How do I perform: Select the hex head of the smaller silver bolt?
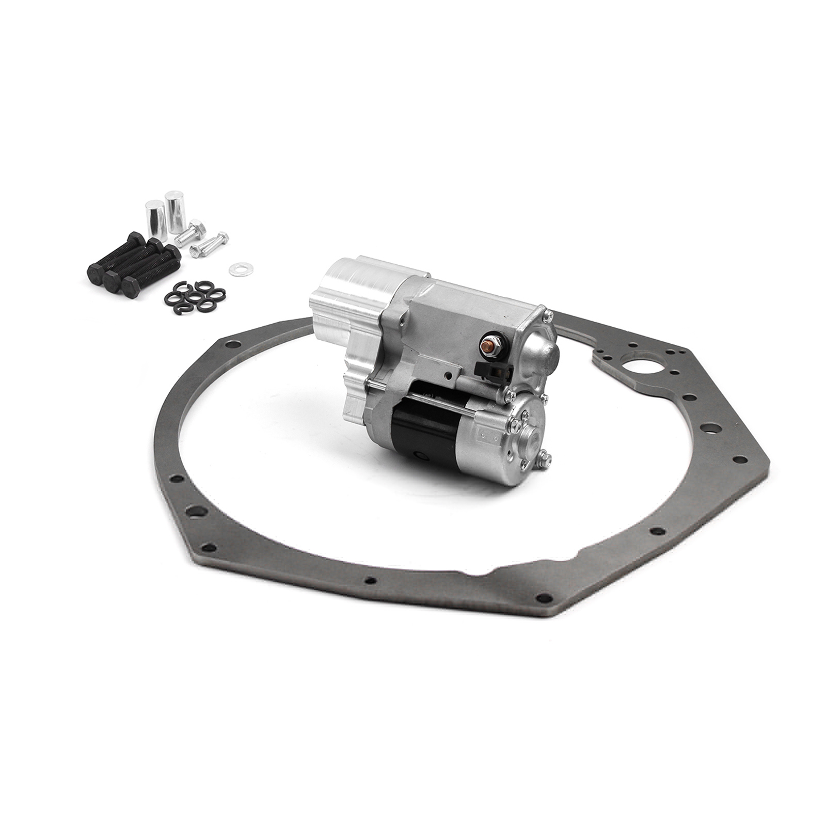coord(223,238)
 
